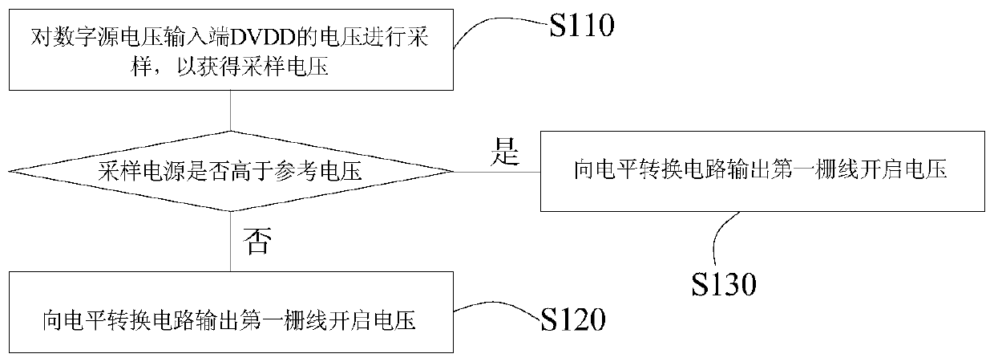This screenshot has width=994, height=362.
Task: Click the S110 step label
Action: click(582, 25)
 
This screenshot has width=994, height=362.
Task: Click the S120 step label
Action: click(573, 319)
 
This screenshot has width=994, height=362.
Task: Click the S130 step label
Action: click(724, 284)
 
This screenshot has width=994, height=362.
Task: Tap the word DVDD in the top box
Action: click(263, 37)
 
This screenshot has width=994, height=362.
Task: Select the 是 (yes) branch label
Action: click(504, 152)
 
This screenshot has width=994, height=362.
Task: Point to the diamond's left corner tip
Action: click(9, 171)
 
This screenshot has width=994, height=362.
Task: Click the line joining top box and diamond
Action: click(230, 111)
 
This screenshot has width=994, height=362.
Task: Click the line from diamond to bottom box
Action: click(230, 241)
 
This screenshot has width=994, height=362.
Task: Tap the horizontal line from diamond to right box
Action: click(497, 172)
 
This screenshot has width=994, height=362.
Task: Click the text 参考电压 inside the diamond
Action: click(317, 172)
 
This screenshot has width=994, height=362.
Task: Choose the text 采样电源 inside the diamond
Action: click(142, 172)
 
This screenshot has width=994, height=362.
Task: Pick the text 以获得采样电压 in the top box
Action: click(253, 67)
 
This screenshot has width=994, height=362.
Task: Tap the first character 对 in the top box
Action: click(41, 37)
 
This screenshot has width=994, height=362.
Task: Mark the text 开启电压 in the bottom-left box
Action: click(372, 320)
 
